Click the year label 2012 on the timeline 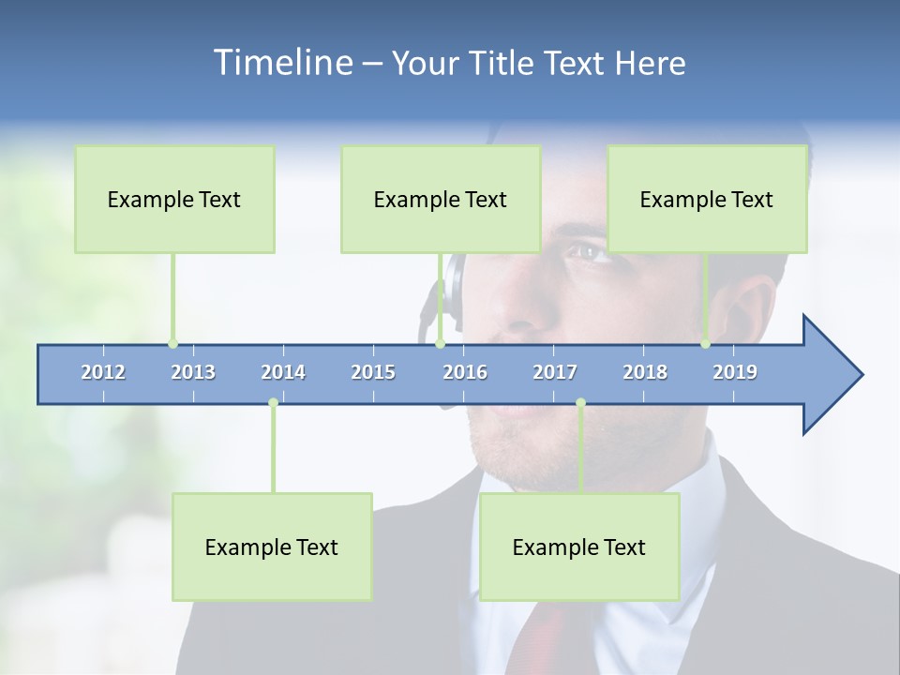pyautogui.click(x=103, y=372)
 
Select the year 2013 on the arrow pyautogui.click(x=193, y=372)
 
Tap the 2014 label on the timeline pyautogui.click(x=283, y=372)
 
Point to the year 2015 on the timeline pyautogui.click(x=373, y=372)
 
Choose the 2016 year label pyautogui.click(x=465, y=372)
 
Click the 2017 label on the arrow pyautogui.click(x=555, y=372)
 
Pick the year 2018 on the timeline pyautogui.click(x=645, y=372)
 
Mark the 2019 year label pyautogui.click(x=735, y=372)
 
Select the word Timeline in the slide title pyautogui.click(x=282, y=63)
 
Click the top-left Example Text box pyautogui.click(x=174, y=199)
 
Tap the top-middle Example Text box pyautogui.click(x=441, y=199)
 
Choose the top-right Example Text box pyautogui.click(x=707, y=199)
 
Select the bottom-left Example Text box pyautogui.click(x=272, y=547)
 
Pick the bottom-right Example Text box pyautogui.click(x=579, y=547)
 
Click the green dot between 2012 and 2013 pyautogui.click(x=172, y=344)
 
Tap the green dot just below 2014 pyautogui.click(x=273, y=403)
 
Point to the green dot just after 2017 pyautogui.click(x=580, y=403)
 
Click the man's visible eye pyautogui.click(x=585, y=251)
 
